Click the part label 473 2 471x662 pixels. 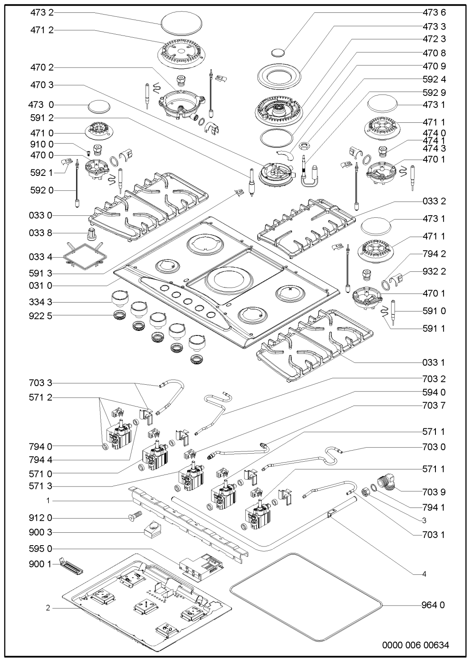coord(42,13)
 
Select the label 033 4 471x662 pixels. coord(42,257)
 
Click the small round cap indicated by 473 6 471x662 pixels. coord(278,53)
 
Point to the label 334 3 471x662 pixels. coord(42,302)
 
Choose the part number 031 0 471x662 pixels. coord(42,285)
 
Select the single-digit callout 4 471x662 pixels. coord(424,574)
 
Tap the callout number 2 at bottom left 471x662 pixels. coord(48,607)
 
